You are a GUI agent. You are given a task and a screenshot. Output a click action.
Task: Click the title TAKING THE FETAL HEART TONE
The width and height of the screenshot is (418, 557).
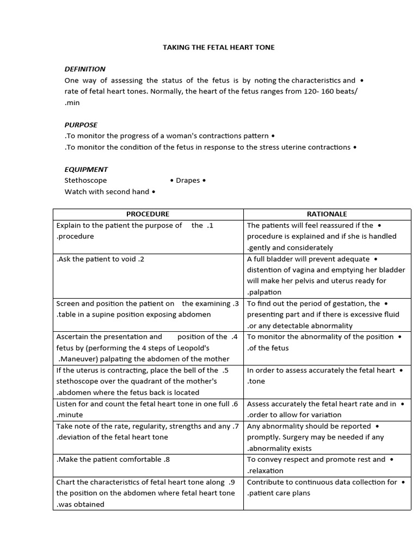(x=219, y=47)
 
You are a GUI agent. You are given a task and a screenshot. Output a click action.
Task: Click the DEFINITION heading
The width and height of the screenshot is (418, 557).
(x=85, y=69)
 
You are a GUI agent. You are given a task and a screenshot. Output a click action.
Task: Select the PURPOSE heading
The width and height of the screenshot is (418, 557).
(x=81, y=125)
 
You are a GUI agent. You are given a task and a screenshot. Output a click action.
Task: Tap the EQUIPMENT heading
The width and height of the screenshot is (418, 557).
(x=86, y=169)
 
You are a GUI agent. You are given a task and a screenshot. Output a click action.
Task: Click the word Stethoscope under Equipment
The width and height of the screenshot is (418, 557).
(x=85, y=180)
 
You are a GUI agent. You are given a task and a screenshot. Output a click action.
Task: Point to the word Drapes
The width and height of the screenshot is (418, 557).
(x=188, y=181)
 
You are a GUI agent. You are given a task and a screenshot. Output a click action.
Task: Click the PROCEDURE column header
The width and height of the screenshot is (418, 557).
(x=147, y=214)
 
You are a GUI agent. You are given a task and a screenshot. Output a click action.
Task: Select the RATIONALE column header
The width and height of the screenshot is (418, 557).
(x=327, y=214)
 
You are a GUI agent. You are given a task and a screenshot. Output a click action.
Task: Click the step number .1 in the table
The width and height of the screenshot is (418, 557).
(x=210, y=225)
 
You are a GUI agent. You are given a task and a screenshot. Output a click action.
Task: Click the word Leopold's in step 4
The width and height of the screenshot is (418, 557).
(x=193, y=348)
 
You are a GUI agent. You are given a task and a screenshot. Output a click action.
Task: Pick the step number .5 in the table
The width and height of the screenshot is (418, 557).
(x=225, y=370)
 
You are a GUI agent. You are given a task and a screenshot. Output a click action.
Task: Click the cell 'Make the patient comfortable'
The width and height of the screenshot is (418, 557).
(x=113, y=459)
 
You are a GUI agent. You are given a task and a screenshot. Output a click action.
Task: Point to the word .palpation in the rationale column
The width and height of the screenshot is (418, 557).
(x=264, y=292)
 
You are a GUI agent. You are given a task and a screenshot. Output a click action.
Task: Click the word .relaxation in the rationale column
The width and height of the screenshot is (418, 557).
(x=265, y=471)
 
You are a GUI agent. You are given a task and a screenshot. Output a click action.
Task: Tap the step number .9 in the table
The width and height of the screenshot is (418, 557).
(x=231, y=482)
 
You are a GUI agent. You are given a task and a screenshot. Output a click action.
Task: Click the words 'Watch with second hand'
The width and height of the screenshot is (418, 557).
(x=106, y=191)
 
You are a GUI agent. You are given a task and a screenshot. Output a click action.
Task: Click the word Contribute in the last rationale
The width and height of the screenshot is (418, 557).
(x=265, y=482)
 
